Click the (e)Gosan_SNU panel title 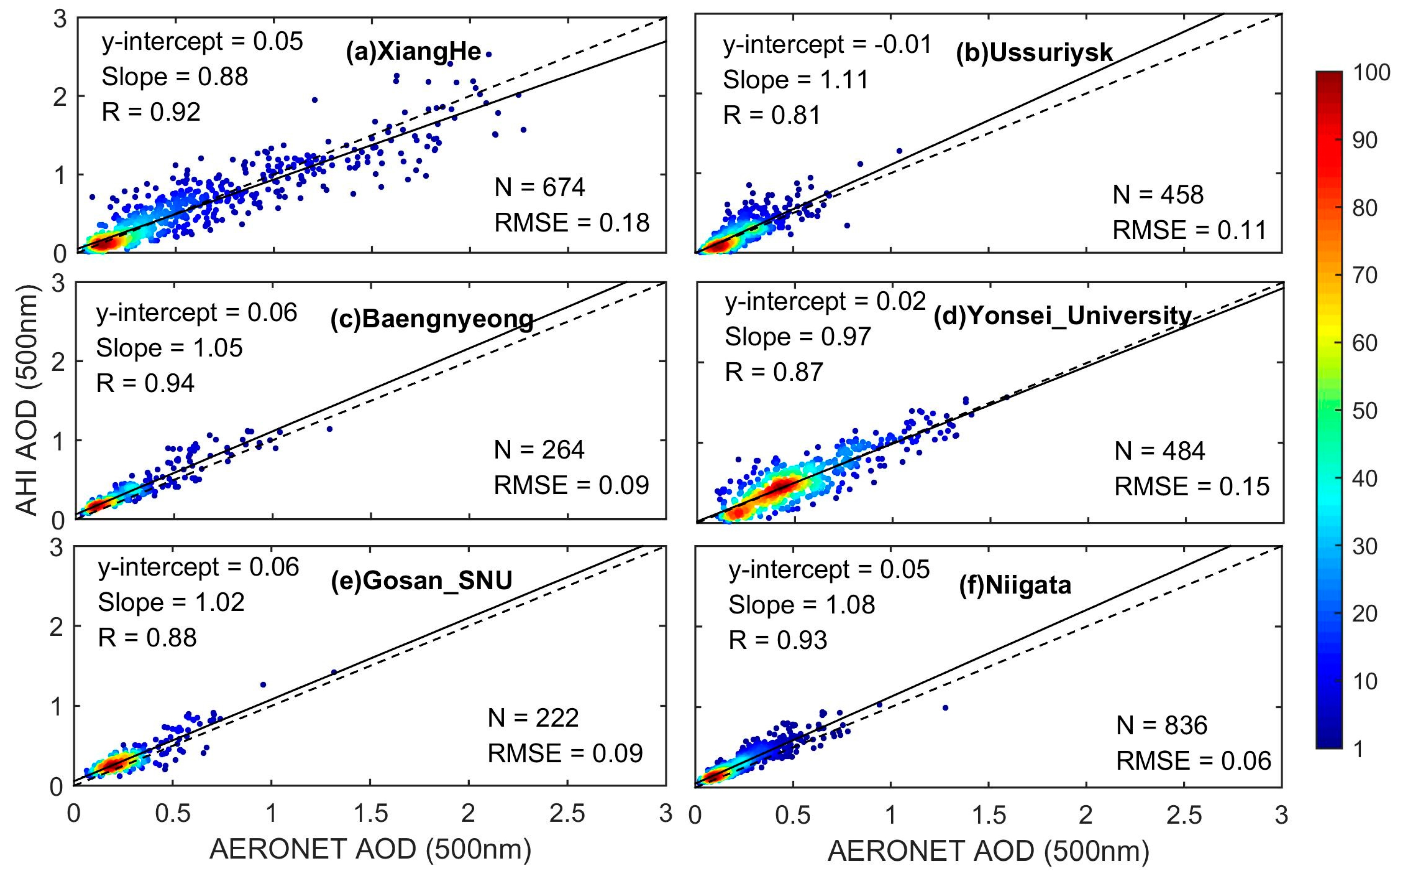click(x=422, y=580)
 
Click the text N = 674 click(x=539, y=187)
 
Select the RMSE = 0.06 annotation click(x=1193, y=761)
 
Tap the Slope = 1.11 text click(x=796, y=80)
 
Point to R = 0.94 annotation click(x=145, y=383)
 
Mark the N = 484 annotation click(x=1159, y=451)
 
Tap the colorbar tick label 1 click(x=1358, y=749)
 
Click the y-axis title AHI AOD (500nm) click(x=26, y=400)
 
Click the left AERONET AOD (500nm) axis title click(x=370, y=850)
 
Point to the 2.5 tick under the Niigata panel click(x=1184, y=815)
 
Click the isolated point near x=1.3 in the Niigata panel click(x=945, y=708)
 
